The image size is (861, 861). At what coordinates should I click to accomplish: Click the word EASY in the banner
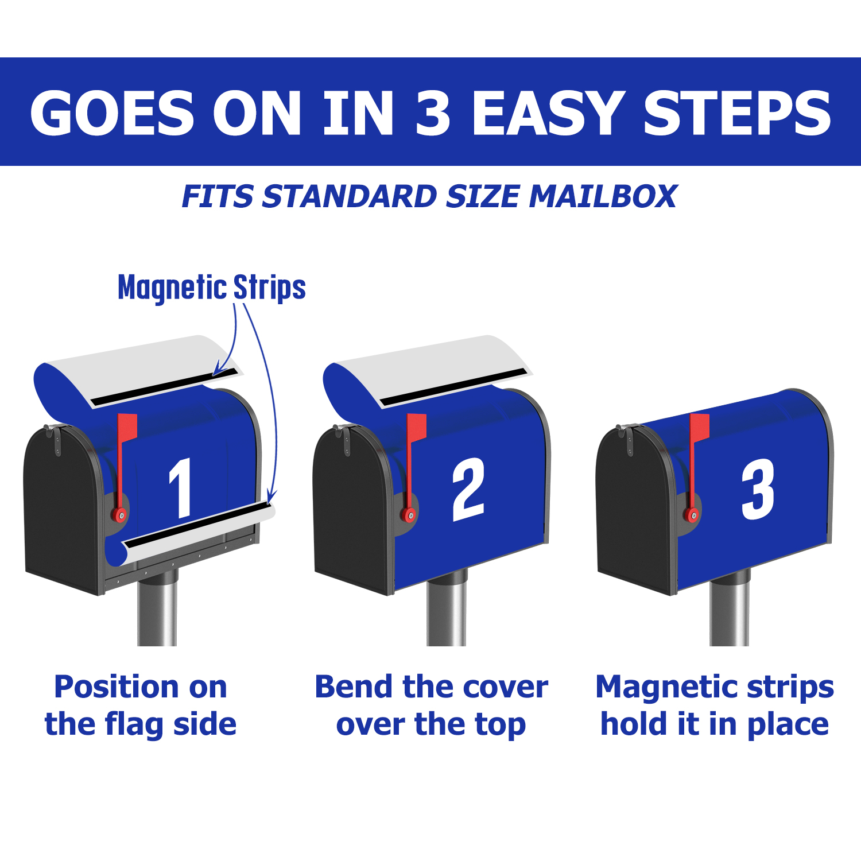548,113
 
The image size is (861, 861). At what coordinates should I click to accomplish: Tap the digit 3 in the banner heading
433,113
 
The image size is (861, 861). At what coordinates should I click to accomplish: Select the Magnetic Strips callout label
212,288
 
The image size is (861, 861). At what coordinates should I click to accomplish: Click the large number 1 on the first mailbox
181,488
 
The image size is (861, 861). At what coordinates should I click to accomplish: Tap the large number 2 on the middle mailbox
468,489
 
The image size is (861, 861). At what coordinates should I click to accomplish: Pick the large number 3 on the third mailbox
758,490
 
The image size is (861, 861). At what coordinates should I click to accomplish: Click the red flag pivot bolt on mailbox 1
120,515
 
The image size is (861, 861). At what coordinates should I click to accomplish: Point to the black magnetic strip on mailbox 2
453,387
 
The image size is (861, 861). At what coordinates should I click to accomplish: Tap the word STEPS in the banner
737,113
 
